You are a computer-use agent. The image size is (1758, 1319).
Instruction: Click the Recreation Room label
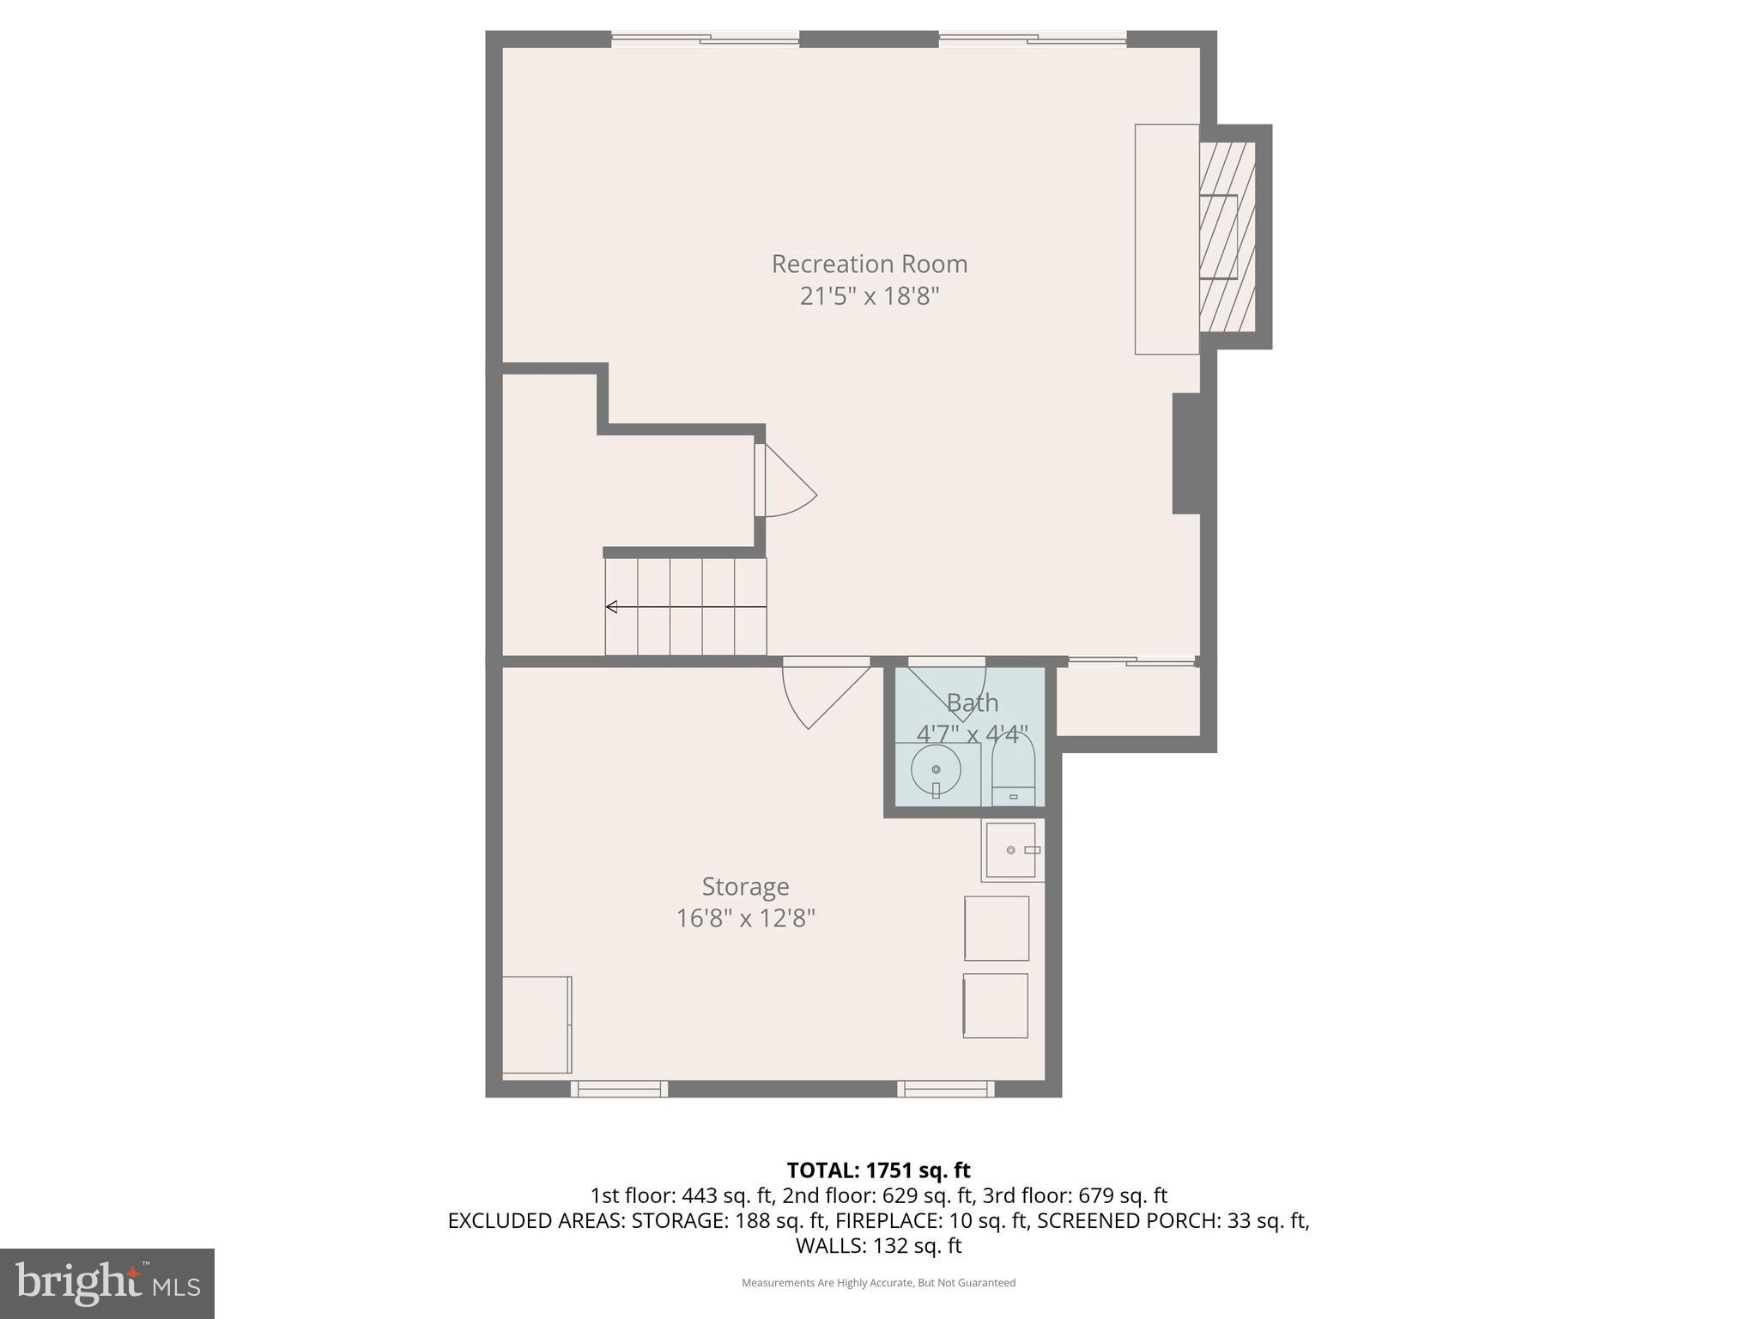click(x=869, y=264)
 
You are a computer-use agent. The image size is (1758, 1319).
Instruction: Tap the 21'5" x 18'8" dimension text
click(x=869, y=296)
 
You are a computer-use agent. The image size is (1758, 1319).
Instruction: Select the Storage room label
click(x=745, y=886)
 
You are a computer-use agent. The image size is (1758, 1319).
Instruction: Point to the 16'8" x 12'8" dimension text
click(x=745, y=918)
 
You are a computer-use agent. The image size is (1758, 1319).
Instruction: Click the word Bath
click(x=972, y=702)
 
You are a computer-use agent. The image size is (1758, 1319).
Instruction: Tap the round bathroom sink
click(x=936, y=769)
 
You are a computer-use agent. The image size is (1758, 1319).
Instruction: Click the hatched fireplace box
click(x=1227, y=237)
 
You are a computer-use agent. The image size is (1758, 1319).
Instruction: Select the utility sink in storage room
click(x=1011, y=850)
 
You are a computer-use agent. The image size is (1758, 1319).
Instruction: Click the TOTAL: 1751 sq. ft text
click(x=878, y=1170)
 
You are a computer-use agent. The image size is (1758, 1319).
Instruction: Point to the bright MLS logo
click(x=107, y=1283)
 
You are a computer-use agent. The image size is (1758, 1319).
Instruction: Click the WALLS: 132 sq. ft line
click(x=878, y=1246)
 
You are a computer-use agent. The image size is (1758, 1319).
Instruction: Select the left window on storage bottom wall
click(x=619, y=1089)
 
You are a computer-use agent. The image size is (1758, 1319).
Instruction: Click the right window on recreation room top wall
click(x=1032, y=38)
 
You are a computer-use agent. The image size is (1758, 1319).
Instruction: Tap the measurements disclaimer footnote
click(x=878, y=1283)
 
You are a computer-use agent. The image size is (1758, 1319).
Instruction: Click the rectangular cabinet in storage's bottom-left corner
click(x=536, y=1024)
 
